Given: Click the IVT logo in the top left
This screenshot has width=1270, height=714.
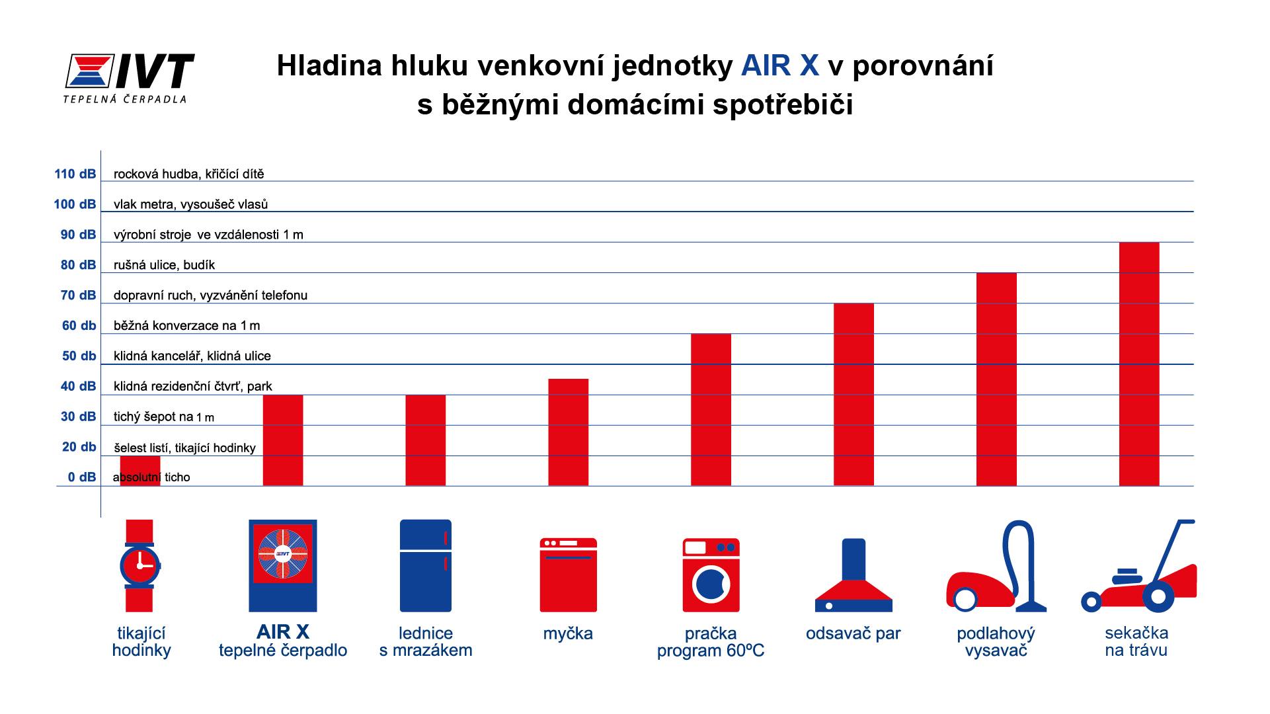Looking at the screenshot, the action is click(x=130, y=78).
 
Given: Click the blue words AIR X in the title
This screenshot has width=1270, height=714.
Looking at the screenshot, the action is click(x=780, y=66).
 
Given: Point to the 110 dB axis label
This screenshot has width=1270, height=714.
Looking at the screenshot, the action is click(x=75, y=175).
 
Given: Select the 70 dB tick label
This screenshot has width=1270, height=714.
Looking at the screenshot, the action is click(x=78, y=296).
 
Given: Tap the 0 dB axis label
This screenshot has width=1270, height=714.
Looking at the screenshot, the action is click(x=81, y=477).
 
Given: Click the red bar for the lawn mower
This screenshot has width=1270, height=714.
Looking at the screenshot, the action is click(x=1139, y=364).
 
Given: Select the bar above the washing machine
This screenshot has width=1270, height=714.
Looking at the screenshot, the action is click(x=711, y=410).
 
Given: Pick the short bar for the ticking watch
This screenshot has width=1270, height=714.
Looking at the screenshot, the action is click(x=140, y=471).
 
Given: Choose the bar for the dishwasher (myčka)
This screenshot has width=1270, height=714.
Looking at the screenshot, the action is click(x=569, y=432).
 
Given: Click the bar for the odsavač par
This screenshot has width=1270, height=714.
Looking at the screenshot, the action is click(x=853, y=395).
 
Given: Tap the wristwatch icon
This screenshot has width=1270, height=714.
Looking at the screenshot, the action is click(x=140, y=566).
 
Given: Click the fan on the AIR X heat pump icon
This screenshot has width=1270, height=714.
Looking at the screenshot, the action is click(x=283, y=553).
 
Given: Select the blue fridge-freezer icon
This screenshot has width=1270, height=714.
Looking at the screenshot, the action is click(x=426, y=566).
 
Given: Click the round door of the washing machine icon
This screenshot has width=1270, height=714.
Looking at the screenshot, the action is click(x=711, y=584).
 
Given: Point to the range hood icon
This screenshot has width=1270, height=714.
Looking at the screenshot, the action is click(x=853, y=575).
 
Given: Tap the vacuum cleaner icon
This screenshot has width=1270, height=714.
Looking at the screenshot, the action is click(x=996, y=566).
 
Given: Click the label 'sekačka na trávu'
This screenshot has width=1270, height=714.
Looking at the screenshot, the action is click(x=1136, y=642).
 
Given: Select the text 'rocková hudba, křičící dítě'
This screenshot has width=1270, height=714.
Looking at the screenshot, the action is click(x=189, y=175).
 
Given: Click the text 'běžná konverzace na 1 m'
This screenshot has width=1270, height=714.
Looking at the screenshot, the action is click(x=187, y=326).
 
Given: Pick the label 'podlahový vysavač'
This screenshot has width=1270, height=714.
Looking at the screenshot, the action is click(x=996, y=642).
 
